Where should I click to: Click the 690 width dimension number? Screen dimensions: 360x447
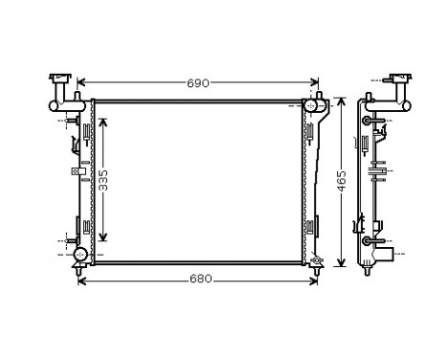coord(197,83)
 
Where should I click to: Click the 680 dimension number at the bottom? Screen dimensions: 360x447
coord(200,280)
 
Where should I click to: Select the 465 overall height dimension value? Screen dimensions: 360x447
coord(342,182)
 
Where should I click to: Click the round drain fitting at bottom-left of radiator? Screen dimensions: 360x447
coord(80,255)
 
